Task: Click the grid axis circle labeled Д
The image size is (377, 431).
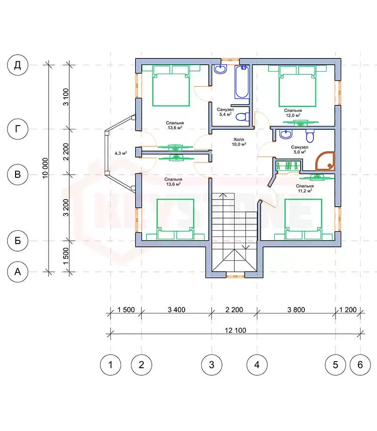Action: [17, 65]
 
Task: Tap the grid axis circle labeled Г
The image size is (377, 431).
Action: [17, 129]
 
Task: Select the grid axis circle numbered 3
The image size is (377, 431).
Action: [212, 365]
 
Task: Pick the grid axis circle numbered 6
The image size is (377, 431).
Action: [360, 365]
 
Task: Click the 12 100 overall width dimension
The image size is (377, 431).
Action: [236, 330]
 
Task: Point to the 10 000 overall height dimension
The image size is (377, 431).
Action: [45, 168]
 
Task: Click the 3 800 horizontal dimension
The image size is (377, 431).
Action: [296, 310]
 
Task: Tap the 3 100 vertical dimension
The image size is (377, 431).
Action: [66, 97]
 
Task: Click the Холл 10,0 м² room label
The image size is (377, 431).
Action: [239, 142]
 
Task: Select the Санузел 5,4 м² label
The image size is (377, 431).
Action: [225, 112]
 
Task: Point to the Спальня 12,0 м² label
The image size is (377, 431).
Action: [293, 113]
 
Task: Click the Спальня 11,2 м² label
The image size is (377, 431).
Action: [305, 188]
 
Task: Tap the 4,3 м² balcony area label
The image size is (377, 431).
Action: [121, 153]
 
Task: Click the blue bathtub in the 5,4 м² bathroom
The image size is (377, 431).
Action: [242, 82]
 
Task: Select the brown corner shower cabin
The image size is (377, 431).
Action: [326, 161]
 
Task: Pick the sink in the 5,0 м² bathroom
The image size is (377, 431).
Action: [286, 135]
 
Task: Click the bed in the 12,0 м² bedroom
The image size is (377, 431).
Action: [297, 86]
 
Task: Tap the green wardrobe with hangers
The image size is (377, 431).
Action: [288, 166]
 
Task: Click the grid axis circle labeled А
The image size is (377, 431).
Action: [17, 272]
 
